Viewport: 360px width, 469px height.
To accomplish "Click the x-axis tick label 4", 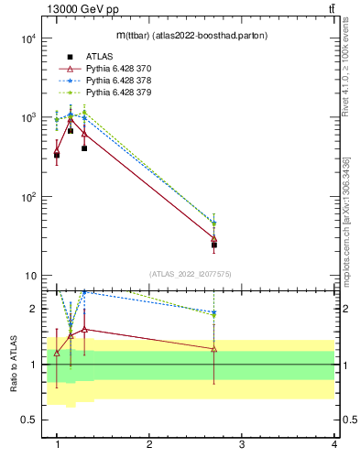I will [334, 444].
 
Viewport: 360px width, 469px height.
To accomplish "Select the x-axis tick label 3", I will [242, 444].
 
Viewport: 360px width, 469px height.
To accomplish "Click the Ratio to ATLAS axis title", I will [13, 365].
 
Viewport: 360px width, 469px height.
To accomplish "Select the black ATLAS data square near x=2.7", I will [214, 245].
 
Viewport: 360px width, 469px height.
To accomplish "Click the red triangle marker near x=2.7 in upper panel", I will [214, 238].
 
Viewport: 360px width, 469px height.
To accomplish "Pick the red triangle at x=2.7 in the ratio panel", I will [214, 349].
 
